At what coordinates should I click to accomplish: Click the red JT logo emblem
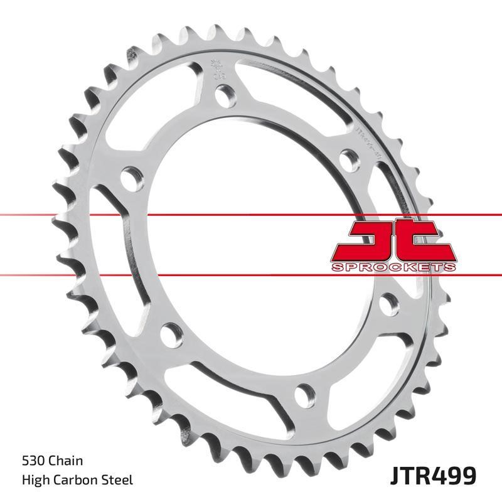tap(393, 242)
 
